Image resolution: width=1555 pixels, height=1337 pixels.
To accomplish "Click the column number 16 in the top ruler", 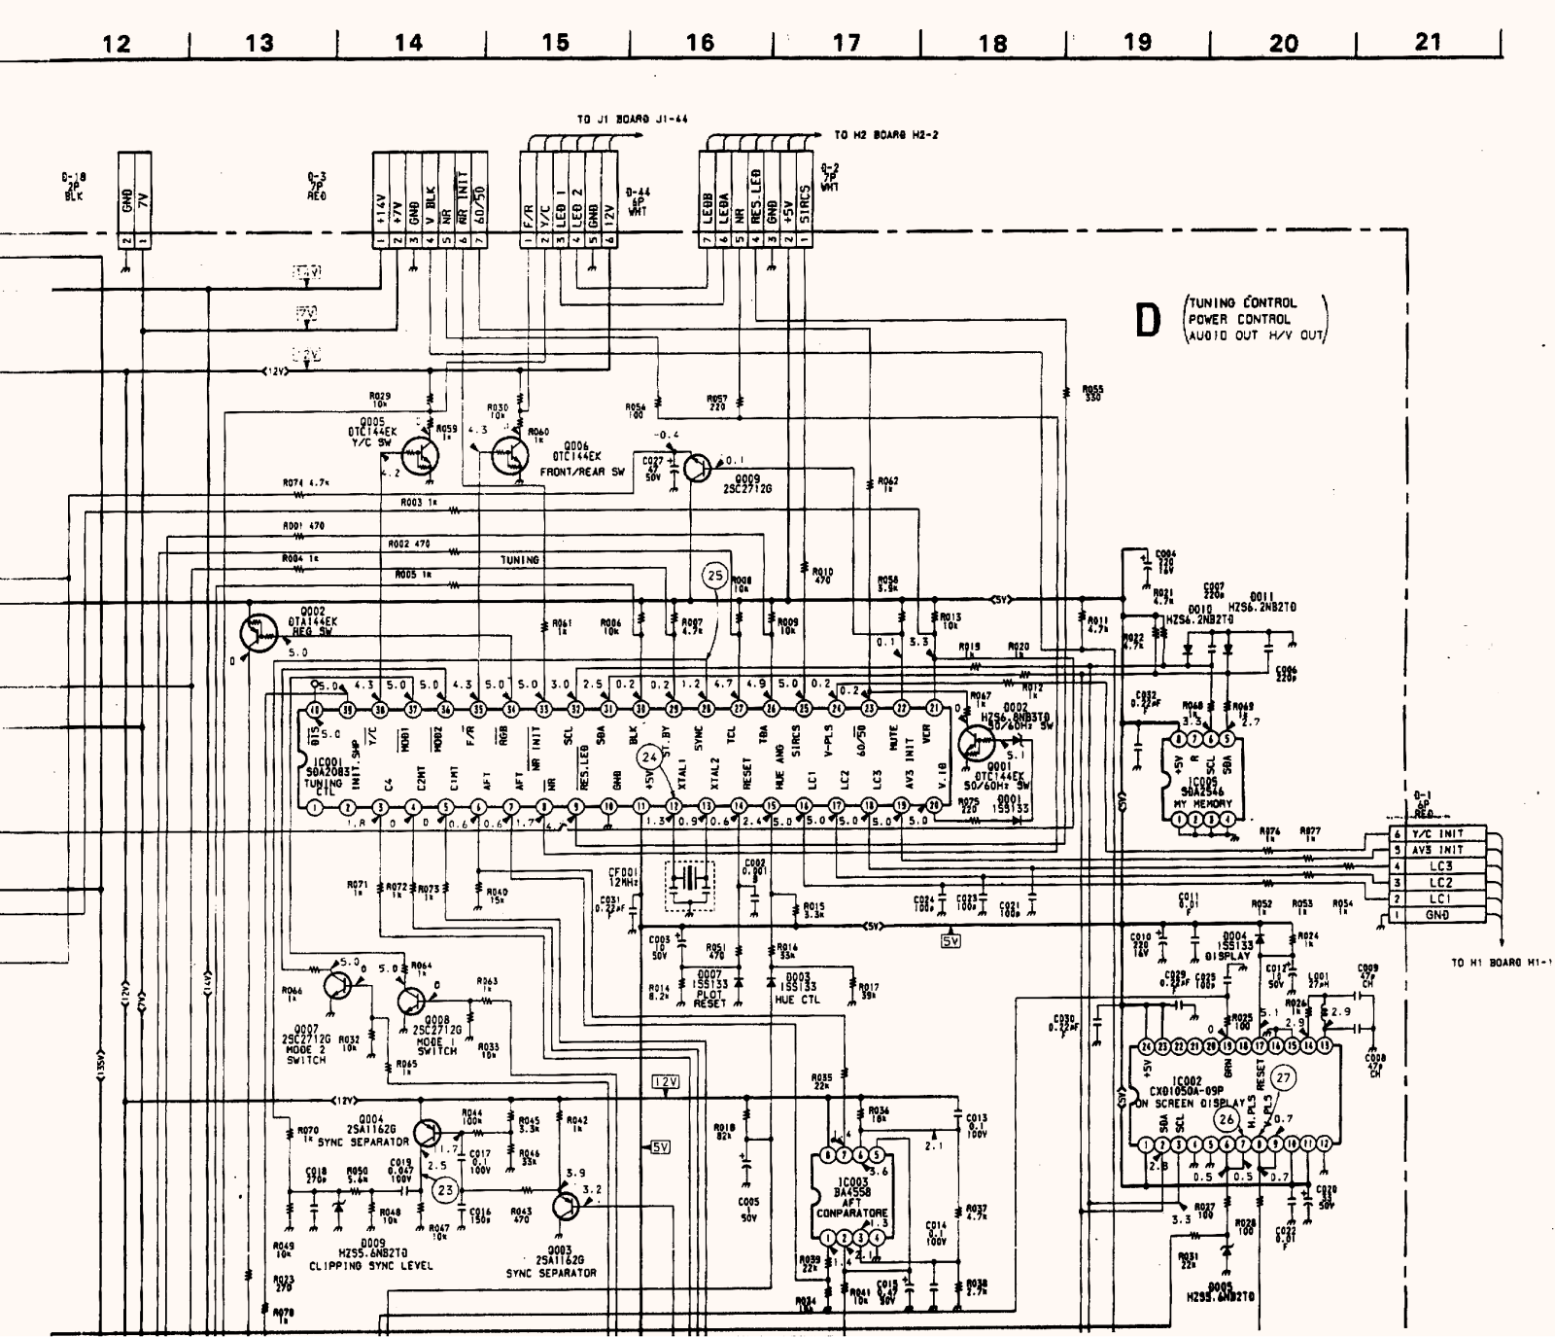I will click(x=700, y=42).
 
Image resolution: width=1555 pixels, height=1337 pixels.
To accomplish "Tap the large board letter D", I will click(x=1149, y=321).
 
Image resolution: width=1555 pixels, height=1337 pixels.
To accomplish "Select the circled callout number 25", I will click(x=715, y=576).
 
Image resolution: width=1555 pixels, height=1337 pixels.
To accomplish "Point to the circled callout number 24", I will click(x=650, y=756).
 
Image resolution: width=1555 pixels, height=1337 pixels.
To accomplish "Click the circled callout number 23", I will click(x=445, y=1189).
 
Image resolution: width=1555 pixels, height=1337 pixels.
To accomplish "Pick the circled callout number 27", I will click(x=1284, y=1077).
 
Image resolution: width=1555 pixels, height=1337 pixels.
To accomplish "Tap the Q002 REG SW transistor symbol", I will click(x=257, y=633).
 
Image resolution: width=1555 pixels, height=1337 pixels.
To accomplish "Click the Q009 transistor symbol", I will click(x=697, y=468).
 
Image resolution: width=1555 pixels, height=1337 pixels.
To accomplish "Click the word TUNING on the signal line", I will click(x=520, y=560).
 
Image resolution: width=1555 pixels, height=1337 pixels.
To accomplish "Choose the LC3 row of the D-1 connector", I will click(x=1440, y=866).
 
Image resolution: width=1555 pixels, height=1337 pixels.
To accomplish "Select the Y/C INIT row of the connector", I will click(x=1440, y=833).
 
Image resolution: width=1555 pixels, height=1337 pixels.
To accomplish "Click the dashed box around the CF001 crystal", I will click(x=689, y=885).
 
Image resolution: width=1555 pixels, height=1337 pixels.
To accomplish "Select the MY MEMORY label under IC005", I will click(x=1202, y=804).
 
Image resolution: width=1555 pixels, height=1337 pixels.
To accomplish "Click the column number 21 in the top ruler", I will click(x=1428, y=42).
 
